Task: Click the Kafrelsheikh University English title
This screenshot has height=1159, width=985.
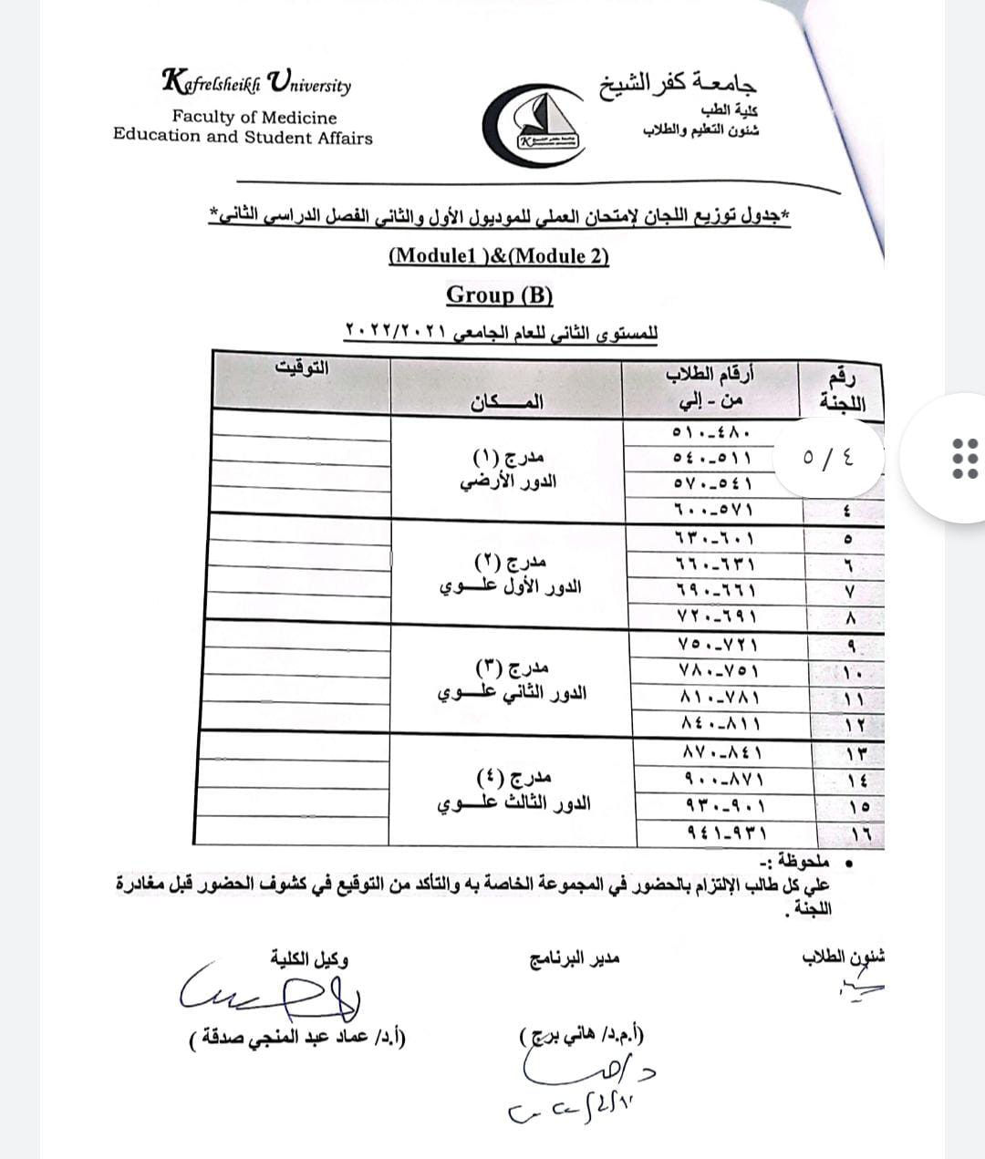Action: click(256, 83)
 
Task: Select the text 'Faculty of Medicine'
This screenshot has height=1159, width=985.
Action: click(254, 118)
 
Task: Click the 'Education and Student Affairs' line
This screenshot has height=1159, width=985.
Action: click(243, 138)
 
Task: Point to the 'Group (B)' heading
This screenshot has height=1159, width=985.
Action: click(500, 295)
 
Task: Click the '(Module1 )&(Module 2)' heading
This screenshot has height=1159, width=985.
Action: click(499, 255)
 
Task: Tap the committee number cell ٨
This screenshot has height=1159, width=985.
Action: click(849, 618)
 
